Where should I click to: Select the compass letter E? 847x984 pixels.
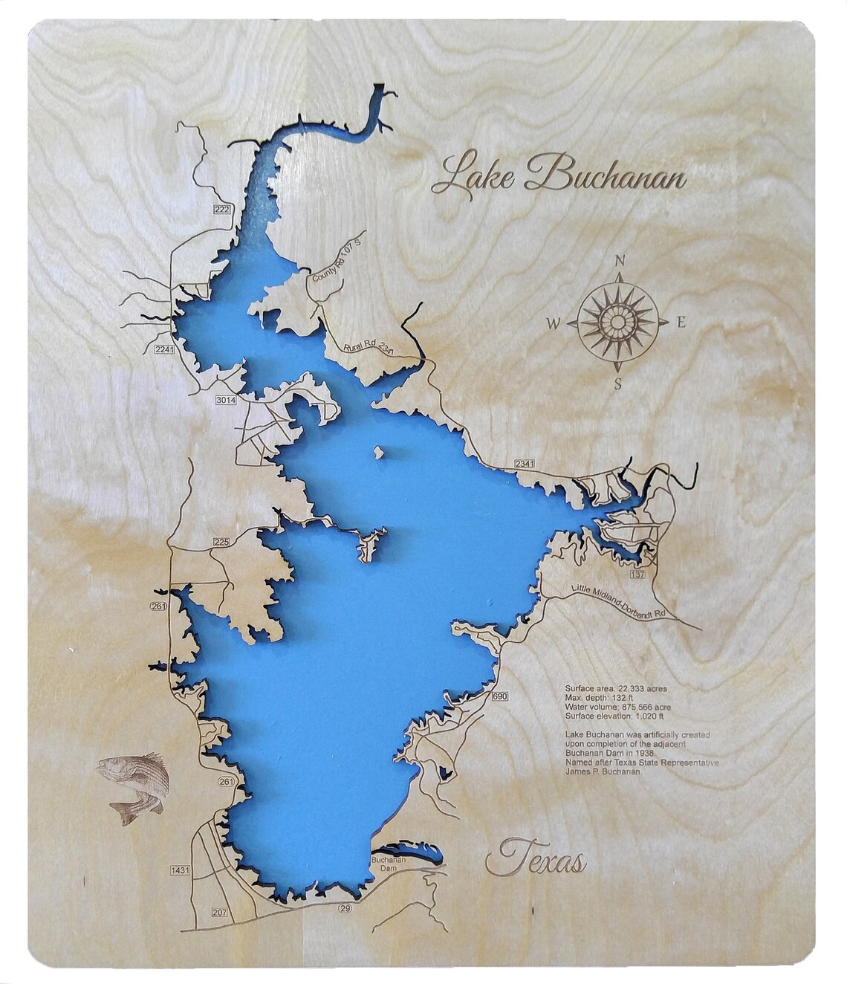680,323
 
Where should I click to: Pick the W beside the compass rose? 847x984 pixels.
554,323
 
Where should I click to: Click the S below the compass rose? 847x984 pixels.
617,383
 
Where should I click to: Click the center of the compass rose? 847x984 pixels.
617,323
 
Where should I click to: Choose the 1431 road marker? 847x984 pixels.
181,870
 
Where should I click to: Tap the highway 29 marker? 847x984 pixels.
344,908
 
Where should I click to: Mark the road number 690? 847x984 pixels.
499,696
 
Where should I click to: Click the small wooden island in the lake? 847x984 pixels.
378,451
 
